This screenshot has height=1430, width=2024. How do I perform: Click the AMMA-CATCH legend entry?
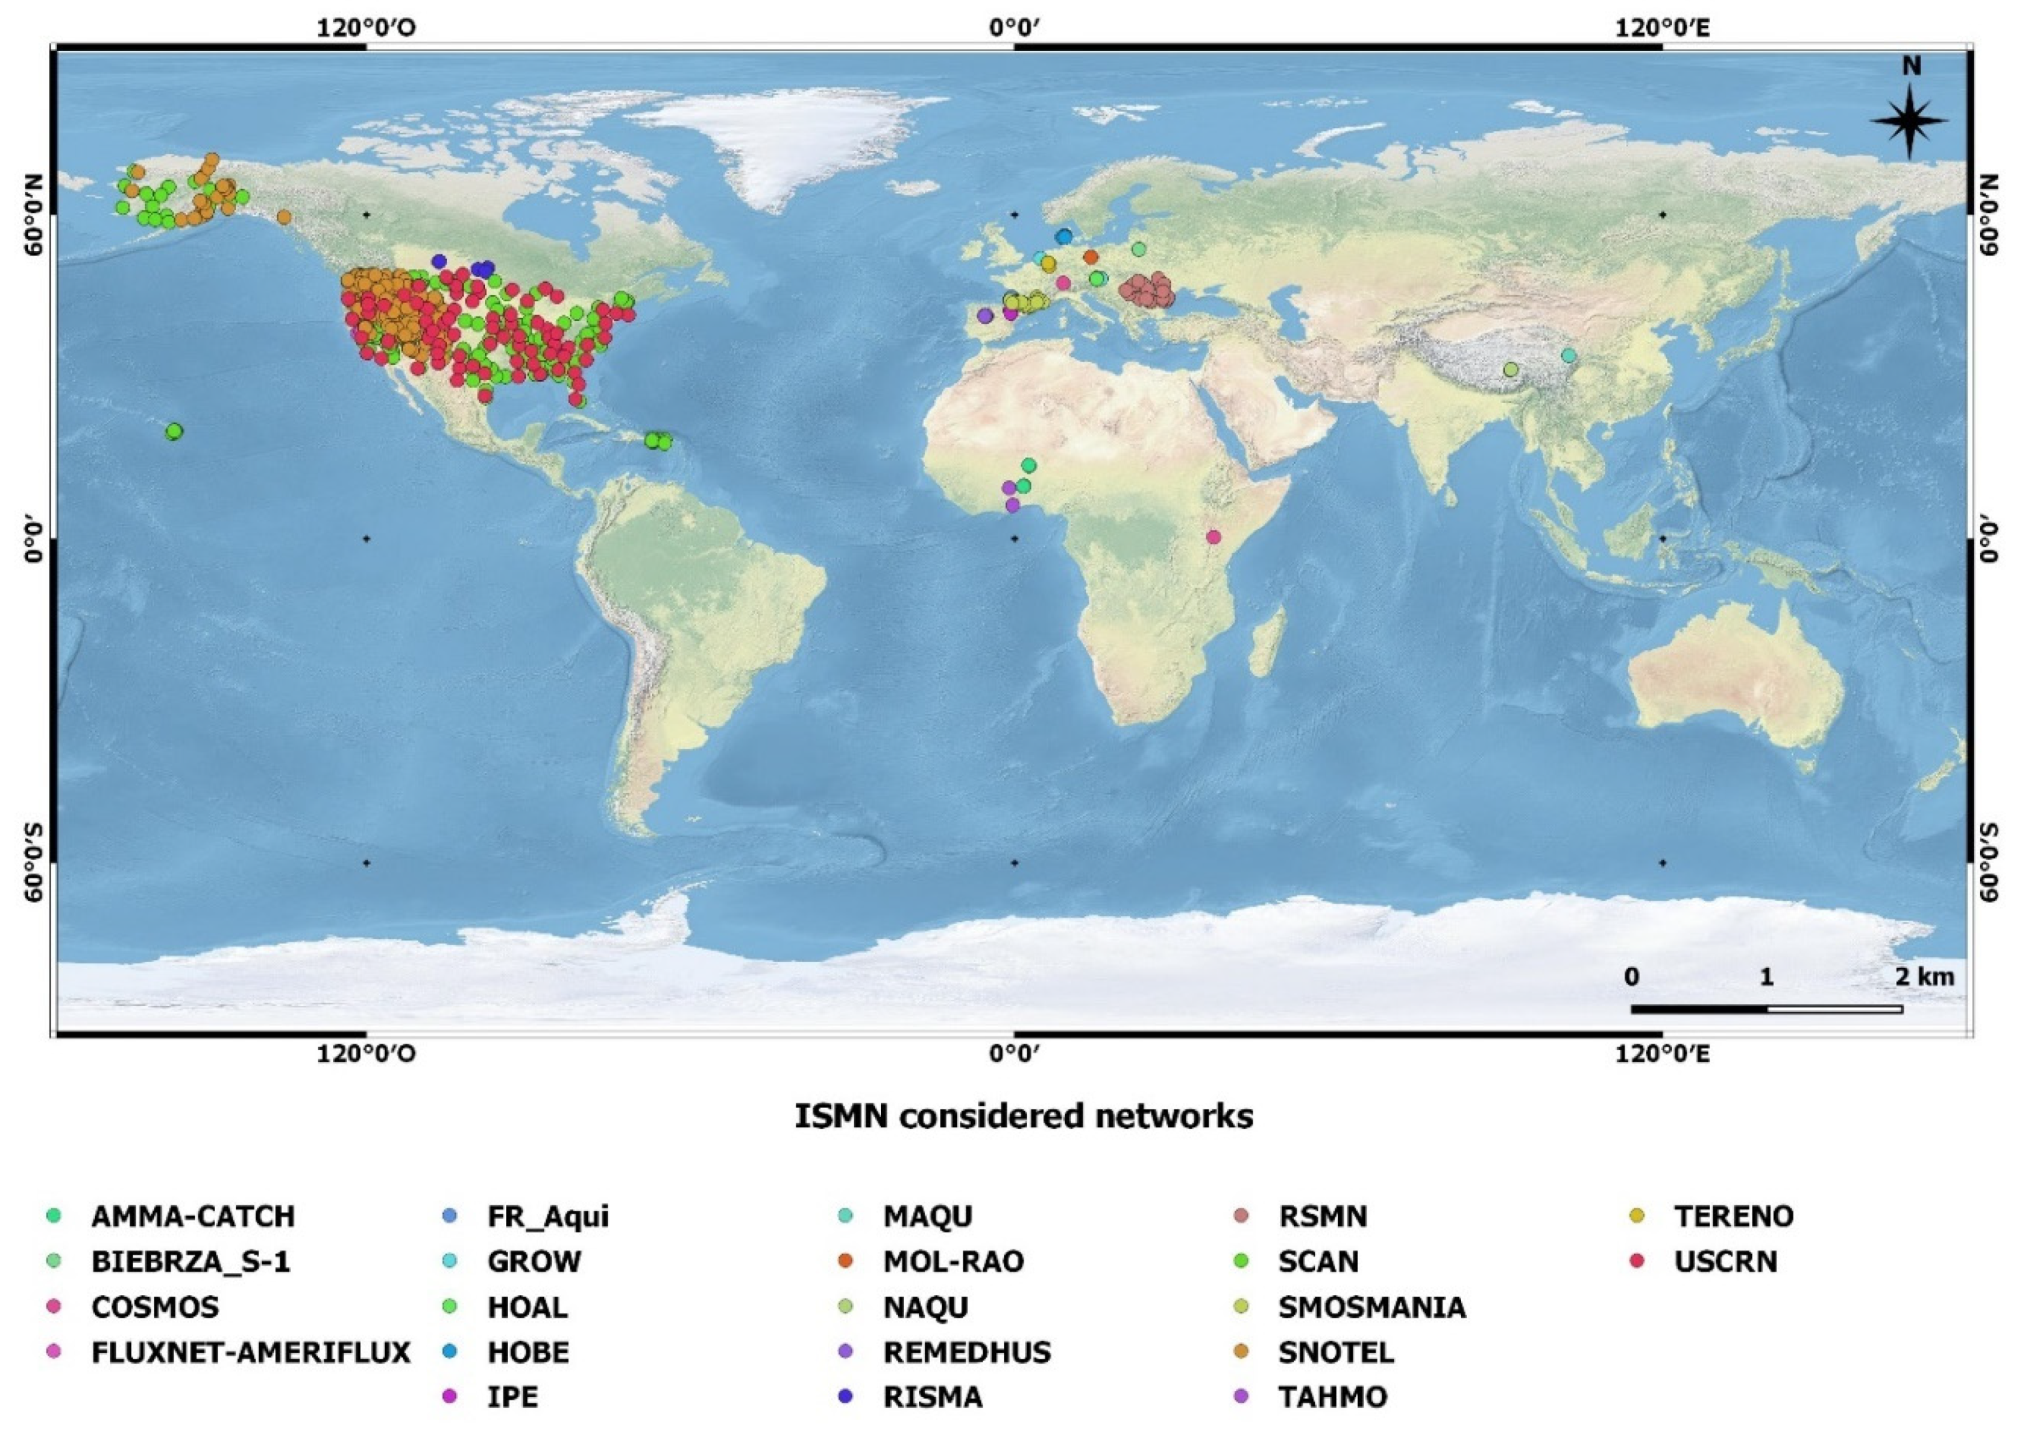192,1216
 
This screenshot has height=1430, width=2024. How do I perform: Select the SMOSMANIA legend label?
1372,1307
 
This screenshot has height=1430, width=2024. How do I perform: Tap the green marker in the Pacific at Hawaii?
174,431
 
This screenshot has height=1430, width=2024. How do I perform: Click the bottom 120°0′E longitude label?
1662,1054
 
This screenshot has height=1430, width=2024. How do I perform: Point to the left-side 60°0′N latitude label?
33,214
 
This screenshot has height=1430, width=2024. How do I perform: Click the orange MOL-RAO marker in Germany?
1091,257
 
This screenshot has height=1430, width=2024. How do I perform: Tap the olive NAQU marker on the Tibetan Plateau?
1511,370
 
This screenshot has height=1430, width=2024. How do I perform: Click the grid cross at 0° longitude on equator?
1014,539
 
